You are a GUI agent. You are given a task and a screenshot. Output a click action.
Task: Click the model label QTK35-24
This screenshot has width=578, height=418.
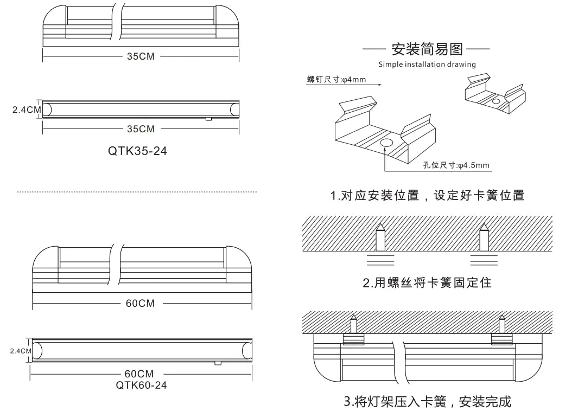coord(137,151)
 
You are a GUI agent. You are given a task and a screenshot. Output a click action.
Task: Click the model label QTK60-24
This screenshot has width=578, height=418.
coord(141,385)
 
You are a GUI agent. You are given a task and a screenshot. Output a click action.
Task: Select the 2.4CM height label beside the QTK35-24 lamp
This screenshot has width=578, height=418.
coord(27,110)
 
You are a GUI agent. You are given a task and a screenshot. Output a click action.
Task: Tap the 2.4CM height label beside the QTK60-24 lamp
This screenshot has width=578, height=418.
coord(21,351)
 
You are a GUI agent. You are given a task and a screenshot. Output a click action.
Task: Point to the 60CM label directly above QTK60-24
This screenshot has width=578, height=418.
coord(139,374)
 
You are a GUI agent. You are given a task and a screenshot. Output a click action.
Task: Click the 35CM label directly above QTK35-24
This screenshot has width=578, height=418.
coord(141,129)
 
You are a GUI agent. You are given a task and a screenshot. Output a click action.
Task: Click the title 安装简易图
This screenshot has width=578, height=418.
coord(427,49)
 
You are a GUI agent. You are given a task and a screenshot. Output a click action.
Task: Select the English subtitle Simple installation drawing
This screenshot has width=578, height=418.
coord(427,65)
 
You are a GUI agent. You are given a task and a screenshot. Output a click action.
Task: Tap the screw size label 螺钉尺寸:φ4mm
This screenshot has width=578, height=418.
coord(336,79)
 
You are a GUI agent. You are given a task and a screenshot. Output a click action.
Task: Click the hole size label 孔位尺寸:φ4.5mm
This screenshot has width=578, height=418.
coord(456,165)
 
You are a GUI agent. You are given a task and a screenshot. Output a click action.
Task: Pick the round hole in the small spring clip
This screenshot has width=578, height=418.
coord(496,101)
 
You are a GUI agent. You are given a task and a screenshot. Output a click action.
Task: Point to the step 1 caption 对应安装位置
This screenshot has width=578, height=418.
coord(374,195)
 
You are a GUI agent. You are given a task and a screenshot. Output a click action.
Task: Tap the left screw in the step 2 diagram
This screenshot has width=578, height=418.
coord(380,237)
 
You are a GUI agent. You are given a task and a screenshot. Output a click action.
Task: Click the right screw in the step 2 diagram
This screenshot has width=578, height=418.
coord(484,237)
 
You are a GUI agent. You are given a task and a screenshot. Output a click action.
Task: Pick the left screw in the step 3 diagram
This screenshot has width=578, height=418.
coord(353,324)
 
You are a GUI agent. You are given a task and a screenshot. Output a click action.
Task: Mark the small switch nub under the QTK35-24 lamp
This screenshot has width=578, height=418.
coord(208,119)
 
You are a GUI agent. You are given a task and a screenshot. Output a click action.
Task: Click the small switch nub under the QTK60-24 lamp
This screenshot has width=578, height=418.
coord(218,363)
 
